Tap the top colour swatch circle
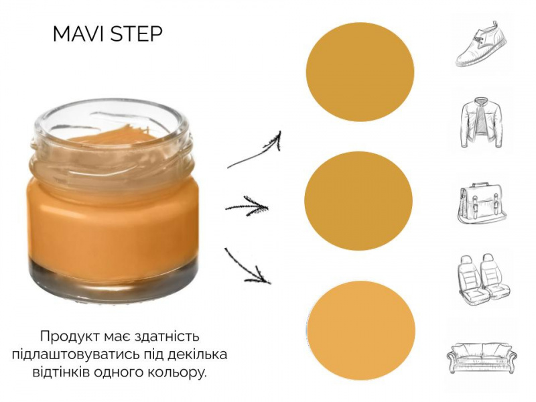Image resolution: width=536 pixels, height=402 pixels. [x=360, y=74]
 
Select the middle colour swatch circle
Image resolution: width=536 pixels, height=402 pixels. [x=358, y=200]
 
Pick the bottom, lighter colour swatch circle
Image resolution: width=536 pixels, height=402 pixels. [x=361, y=330]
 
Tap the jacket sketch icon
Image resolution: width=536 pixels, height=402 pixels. [x=482, y=123]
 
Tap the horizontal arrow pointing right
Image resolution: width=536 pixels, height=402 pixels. [x=247, y=206]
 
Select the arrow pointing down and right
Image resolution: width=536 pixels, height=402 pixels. [x=247, y=266]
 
